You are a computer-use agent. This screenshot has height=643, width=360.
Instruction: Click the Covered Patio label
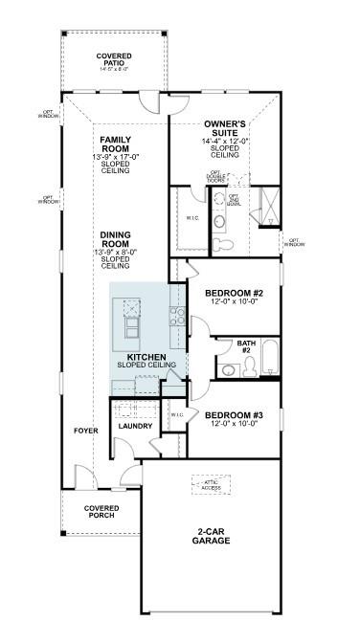coord(114,62)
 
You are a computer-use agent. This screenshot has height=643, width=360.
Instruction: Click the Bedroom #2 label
coord(235,296)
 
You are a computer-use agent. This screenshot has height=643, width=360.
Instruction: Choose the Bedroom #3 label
coord(235,418)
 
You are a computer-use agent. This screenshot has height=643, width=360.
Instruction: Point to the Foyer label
coord(87,431)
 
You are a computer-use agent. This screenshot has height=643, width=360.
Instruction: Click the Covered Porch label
coord(100,511)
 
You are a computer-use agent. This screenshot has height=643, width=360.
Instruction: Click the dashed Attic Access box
coord(211,485)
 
